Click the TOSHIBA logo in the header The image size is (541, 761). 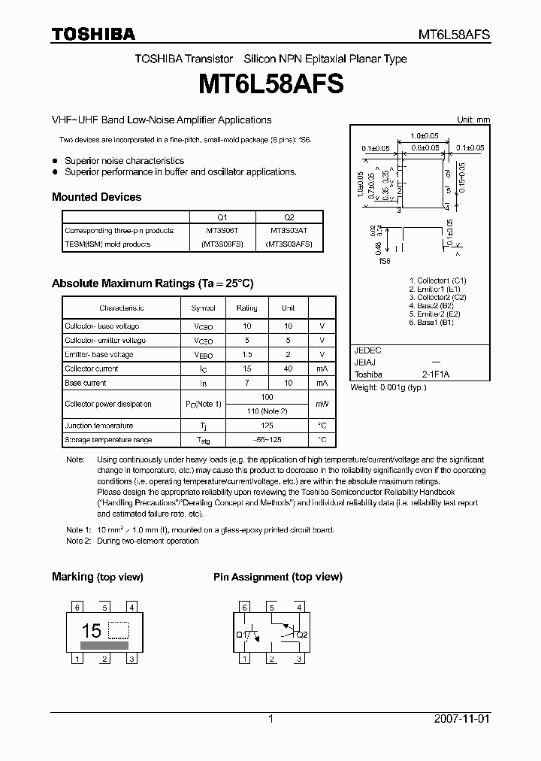tap(93, 34)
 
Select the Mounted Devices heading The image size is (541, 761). tap(96, 197)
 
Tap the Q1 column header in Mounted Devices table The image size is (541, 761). tap(222, 216)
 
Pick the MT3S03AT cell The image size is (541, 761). tap(289, 229)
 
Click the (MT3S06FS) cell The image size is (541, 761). tap(222, 244)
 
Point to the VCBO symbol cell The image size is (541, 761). tap(203, 326)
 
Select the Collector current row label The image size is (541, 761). tap(92, 368)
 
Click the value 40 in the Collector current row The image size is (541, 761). tap(289, 368)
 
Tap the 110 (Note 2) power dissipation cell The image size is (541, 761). tap(267, 411)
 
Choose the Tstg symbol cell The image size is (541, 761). tap(203, 440)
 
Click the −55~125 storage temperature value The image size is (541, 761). tap(267, 440)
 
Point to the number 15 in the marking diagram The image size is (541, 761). tap(91, 631)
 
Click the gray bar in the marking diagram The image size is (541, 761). tap(104, 644)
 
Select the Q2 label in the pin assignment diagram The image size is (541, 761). tap(302, 635)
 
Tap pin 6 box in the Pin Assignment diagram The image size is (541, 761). tap(243, 608)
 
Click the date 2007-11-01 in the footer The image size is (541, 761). tap(461, 719)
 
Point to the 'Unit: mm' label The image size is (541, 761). tap(473, 120)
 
